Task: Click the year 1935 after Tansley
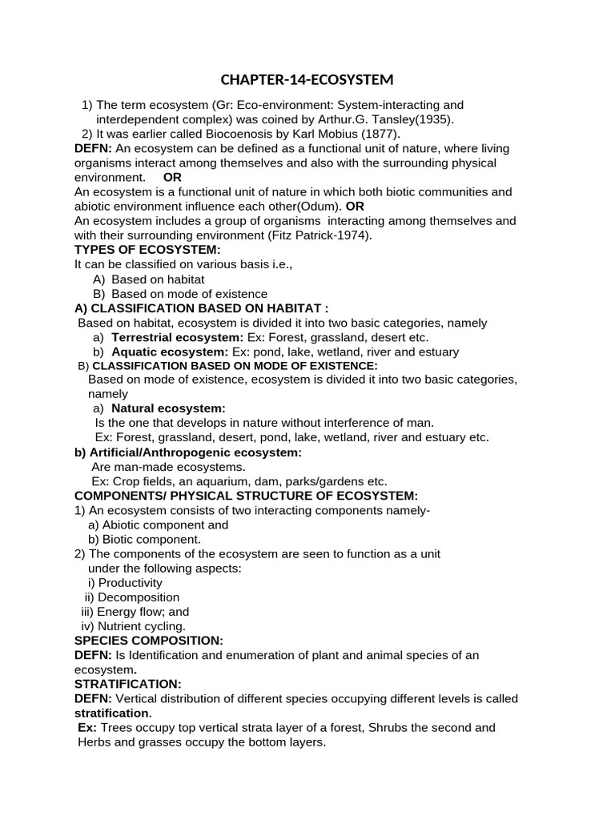click(435, 119)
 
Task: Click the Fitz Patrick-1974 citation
click(323, 235)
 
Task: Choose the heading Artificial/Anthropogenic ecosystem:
click(188, 452)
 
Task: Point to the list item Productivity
click(130, 583)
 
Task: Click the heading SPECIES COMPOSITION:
click(148, 641)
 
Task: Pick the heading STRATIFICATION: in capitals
click(128, 684)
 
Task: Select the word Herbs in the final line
click(94, 742)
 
